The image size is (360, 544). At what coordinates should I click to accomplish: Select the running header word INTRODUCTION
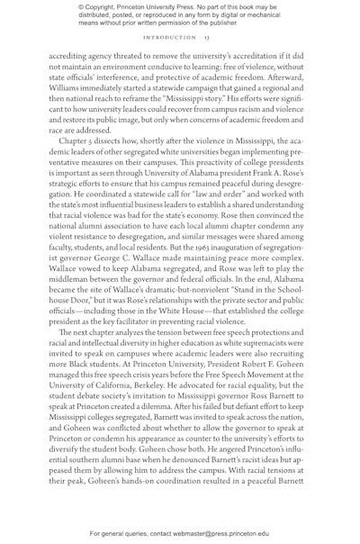[169, 38]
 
